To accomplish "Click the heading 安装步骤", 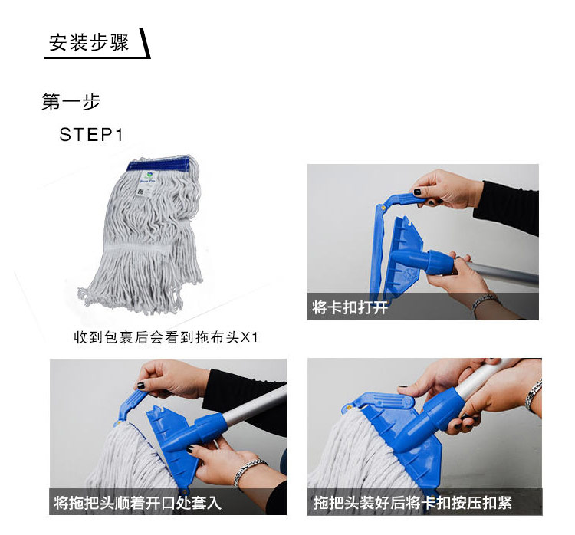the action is [x=89, y=43].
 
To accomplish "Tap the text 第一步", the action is [x=71, y=102].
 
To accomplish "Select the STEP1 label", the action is [x=91, y=135].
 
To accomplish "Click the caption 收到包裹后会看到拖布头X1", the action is [x=166, y=337].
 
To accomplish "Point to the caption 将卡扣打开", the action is [x=350, y=307].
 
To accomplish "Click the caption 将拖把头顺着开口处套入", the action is [x=137, y=502].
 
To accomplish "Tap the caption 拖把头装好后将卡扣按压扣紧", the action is [x=412, y=502].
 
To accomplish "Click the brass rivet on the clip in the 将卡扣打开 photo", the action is [x=383, y=208].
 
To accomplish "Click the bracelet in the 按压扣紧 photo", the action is [x=534, y=397].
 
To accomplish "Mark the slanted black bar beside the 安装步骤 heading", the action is [x=145, y=43].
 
